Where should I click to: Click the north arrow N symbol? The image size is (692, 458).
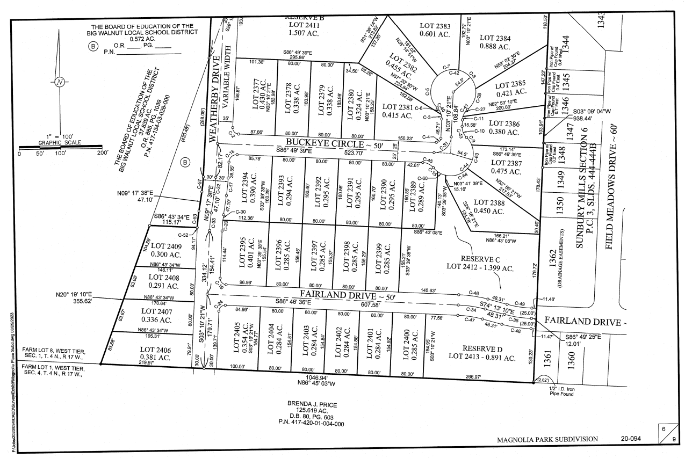60,82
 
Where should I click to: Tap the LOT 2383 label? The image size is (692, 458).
435,26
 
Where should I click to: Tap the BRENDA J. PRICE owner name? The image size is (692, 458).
311,404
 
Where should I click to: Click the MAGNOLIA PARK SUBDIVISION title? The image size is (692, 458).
547,439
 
